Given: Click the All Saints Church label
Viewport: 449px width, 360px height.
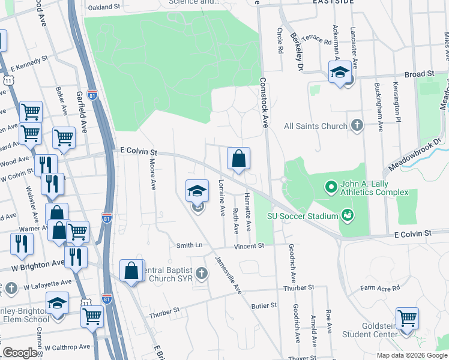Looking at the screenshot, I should pos(315,126).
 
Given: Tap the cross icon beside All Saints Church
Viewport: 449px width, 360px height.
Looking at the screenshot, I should pos(357,125).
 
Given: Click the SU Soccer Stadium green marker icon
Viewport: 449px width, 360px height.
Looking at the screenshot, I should pos(346,214).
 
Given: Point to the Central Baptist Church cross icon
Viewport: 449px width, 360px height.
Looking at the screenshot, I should pos(201,274).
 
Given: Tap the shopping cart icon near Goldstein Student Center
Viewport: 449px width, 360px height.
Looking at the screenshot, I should pos(407,318).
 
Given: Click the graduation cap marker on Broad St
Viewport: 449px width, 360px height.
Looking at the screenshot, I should pos(340,73).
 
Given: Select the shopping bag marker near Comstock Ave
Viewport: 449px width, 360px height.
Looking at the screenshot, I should pos(238,159).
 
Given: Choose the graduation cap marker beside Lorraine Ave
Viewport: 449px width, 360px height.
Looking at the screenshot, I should pos(197,191).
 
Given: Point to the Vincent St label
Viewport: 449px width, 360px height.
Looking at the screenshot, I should pos(249,245).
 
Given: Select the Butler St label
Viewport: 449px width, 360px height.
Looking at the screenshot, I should pos(264,305).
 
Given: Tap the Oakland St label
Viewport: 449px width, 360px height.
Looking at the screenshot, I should pos(104,8).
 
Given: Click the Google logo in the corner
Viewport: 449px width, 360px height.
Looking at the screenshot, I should pos(19,353).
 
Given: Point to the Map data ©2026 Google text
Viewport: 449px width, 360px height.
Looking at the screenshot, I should pos(411,355).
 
